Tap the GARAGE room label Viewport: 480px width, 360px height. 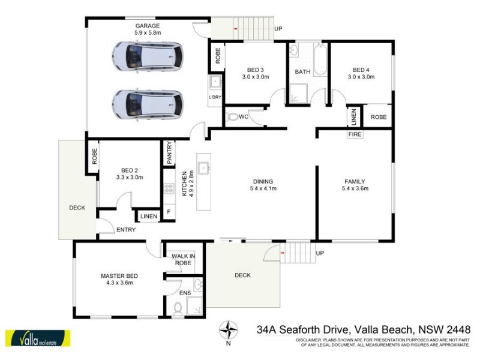click(x=147, y=26)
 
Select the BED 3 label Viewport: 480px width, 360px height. click(x=253, y=70)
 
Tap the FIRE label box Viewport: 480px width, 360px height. click(x=355, y=135)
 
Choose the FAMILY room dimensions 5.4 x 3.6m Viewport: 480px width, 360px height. click(x=355, y=188)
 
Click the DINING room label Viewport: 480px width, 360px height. click(x=263, y=181)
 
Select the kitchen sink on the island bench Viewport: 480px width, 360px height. click(x=204, y=168)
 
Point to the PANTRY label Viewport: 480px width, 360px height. click(x=170, y=152)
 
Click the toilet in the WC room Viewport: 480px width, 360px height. click(x=232, y=117)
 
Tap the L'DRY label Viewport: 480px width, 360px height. click(x=215, y=98)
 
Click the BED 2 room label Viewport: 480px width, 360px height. click(x=130, y=170)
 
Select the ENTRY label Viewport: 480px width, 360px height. click(x=126, y=230)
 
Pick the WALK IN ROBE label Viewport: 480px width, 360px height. click(x=183, y=259)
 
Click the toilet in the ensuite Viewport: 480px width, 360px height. click(x=178, y=308)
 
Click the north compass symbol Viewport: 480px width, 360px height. click(x=228, y=330)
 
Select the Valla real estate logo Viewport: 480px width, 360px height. click(x=37, y=338)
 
